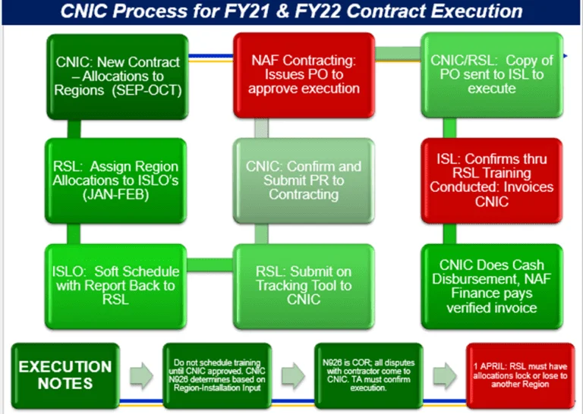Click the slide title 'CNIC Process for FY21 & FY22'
291,12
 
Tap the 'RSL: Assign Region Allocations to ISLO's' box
116,179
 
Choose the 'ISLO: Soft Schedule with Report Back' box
116,283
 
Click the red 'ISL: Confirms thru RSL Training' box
492,179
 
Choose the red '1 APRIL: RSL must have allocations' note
518,374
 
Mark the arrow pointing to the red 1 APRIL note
445,374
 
